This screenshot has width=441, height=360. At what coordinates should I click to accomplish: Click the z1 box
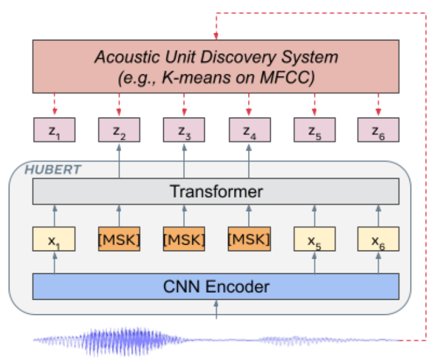pos(53,130)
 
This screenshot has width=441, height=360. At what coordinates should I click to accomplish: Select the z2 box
pos(119,130)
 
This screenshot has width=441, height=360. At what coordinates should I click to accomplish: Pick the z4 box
pos(249,130)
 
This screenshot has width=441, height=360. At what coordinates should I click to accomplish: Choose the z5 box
pos(314,130)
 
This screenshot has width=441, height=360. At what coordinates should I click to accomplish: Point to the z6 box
pos(378,130)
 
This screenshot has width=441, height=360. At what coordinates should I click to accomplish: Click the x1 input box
pos(53,239)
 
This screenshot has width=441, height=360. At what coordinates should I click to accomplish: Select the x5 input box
pos(314,239)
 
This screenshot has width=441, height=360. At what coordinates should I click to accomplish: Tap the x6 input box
pos(378,239)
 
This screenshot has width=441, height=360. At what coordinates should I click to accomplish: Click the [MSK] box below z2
pos(119,239)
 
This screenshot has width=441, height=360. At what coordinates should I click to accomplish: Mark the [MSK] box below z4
pos(249,239)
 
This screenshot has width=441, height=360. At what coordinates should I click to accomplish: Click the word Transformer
pos(216,191)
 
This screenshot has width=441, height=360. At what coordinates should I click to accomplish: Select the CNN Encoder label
pos(216,287)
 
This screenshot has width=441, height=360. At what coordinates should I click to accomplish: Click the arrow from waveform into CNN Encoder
pos(216,310)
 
